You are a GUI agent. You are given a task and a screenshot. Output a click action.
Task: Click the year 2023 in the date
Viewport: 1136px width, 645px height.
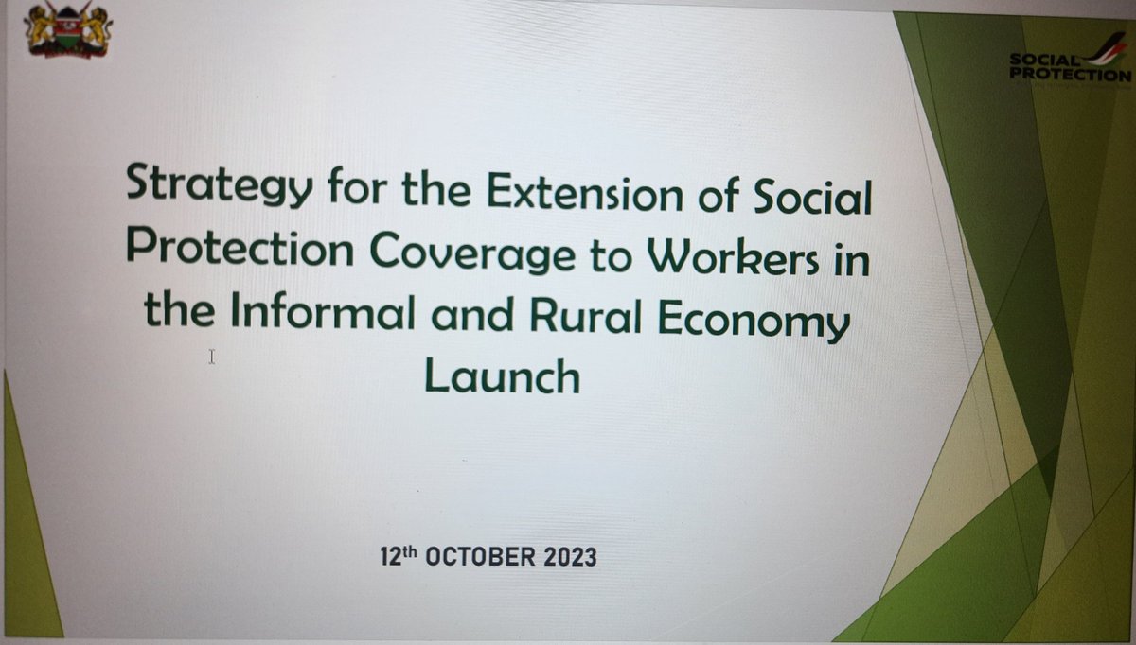tap(564, 557)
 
